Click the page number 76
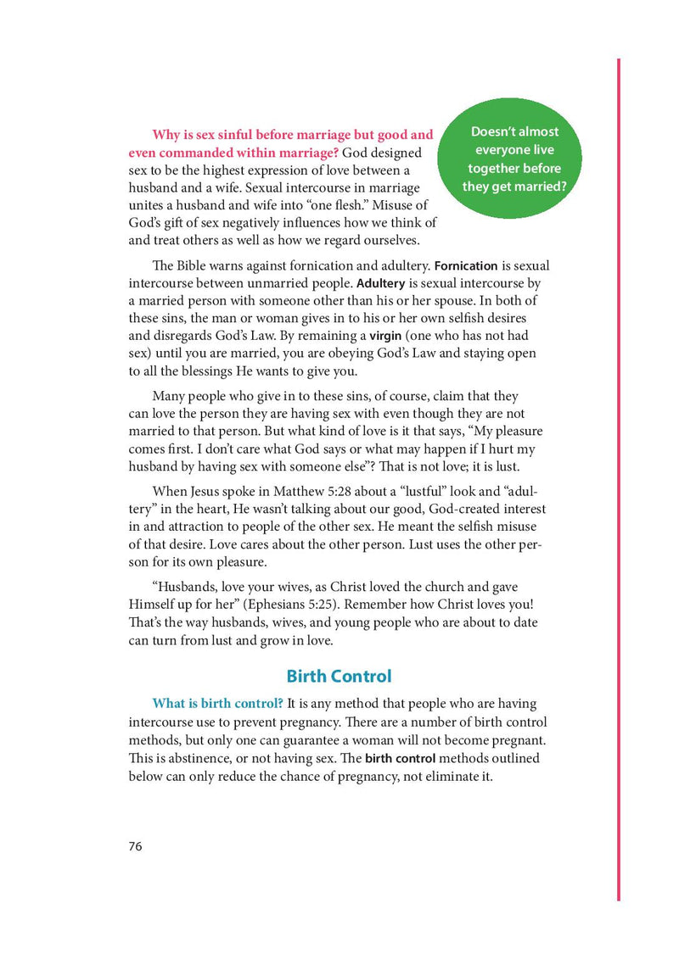pos(136,846)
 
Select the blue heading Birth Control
pos(339,676)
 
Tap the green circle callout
pos(511,159)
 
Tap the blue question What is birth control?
pos(217,704)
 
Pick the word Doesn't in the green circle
pos(491,131)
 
